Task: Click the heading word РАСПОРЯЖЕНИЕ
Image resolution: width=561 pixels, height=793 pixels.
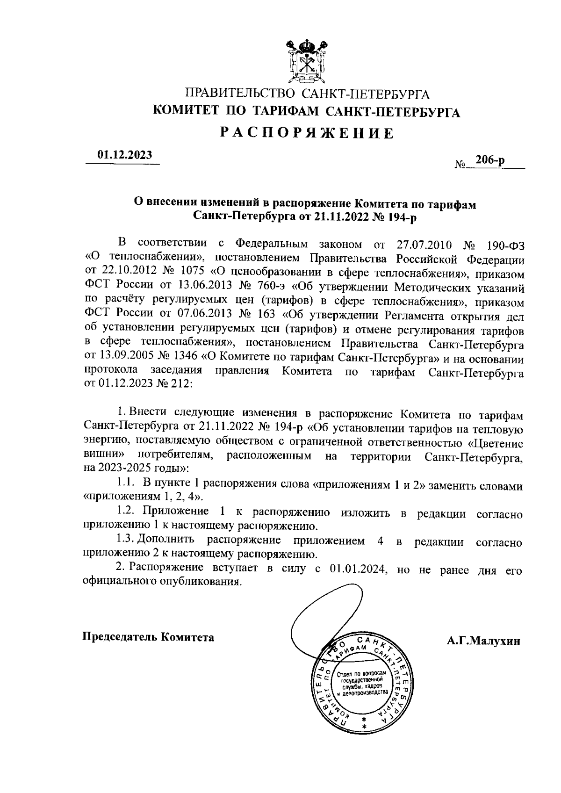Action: click(x=307, y=133)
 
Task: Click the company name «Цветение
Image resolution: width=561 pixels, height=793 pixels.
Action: click(x=496, y=442)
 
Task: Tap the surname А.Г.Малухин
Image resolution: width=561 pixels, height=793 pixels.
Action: click(x=483, y=641)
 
